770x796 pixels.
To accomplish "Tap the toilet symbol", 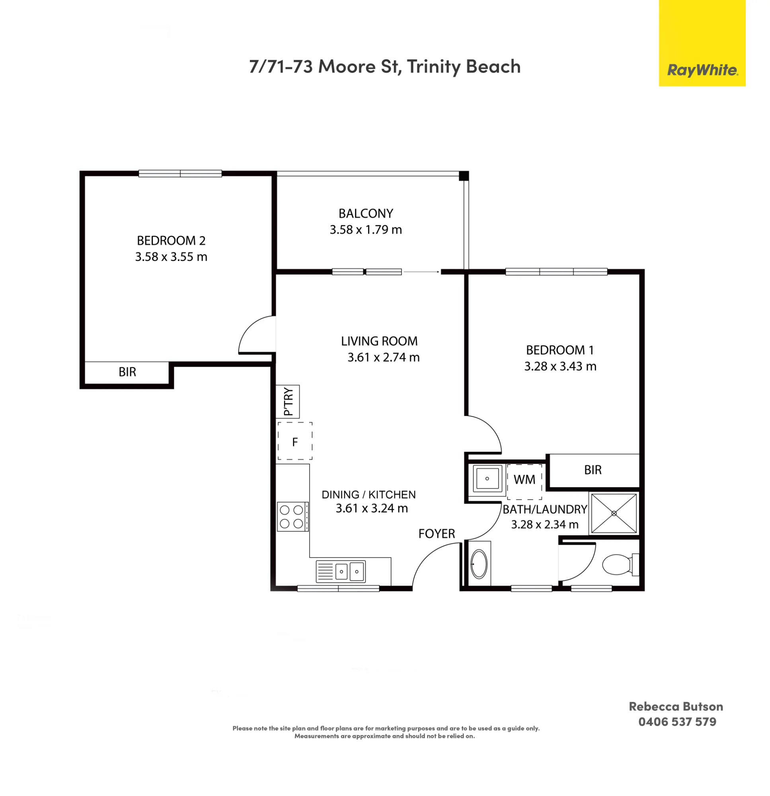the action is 620,564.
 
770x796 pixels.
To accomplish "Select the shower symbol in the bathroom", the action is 614,513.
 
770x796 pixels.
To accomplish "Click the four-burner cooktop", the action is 292,517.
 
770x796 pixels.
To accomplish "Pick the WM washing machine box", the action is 524,481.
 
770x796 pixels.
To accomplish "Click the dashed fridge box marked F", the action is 295,441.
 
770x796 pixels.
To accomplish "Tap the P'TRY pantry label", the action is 288,401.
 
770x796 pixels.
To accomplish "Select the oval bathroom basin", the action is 479,564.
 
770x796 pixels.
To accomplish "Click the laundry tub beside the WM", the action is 487,478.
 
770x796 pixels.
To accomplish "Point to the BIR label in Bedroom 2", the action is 127,372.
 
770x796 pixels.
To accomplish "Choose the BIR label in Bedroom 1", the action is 593,470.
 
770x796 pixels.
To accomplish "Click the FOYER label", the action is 437,534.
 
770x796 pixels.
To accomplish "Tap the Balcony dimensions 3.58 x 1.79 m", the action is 366,230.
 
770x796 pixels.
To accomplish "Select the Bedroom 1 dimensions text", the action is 560,366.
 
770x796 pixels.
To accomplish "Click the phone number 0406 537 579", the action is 677,722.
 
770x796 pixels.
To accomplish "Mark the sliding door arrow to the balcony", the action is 421,272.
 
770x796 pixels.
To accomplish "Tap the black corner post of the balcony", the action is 464,176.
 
